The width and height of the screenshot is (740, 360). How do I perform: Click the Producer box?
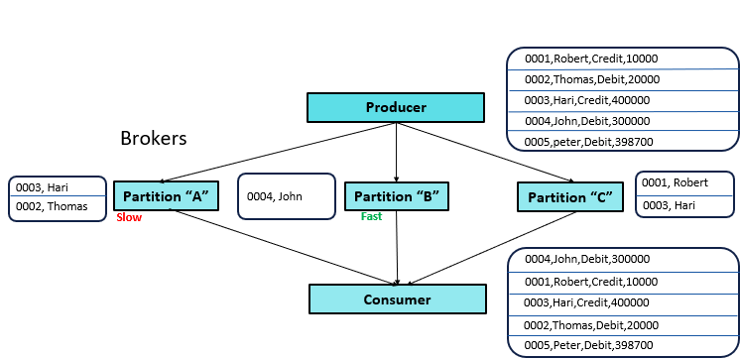click(x=395, y=107)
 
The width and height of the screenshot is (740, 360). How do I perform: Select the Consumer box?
click(x=397, y=299)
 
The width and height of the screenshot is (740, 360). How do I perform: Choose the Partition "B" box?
click(x=396, y=196)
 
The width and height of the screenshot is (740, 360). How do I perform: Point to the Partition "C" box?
click(x=569, y=196)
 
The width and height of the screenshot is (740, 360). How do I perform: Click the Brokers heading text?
click(x=154, y=138)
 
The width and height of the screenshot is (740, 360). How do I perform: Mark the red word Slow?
click(x=128, y=216)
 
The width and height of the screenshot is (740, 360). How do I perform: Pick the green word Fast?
click(x=371, y=216)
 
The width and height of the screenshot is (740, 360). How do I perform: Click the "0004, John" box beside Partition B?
click(x=286, y=196)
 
